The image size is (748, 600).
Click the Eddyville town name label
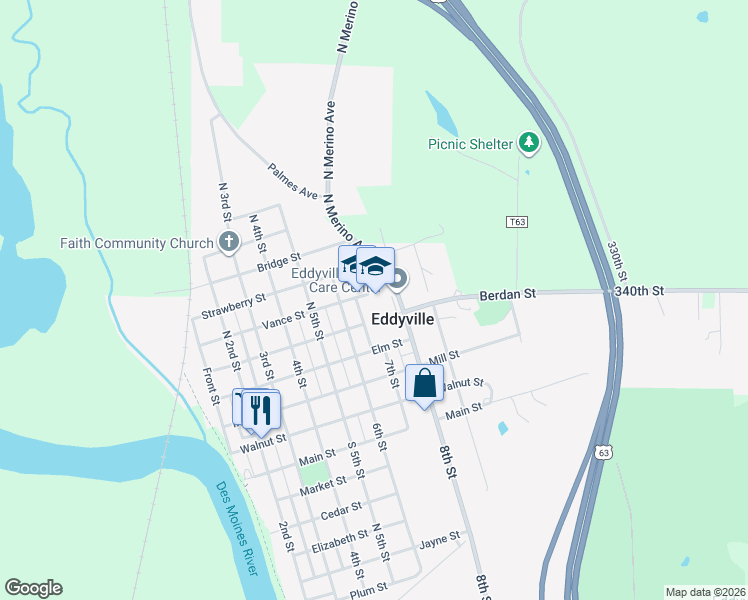(402, 320)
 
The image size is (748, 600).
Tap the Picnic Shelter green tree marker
(529, 144)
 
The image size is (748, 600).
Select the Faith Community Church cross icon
(229, 242)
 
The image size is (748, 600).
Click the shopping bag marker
(424, 383)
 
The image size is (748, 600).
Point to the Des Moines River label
(237, 529)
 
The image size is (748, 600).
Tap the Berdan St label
(508, 294)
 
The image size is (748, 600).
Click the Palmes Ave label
(292, 180)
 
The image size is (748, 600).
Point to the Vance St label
(283, 321)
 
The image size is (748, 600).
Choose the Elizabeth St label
(333, 547)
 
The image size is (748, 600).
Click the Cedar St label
(340, 513)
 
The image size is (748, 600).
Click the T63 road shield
(517, 221)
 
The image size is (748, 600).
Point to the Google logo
(33, 588)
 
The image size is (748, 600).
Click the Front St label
(211, 386)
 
